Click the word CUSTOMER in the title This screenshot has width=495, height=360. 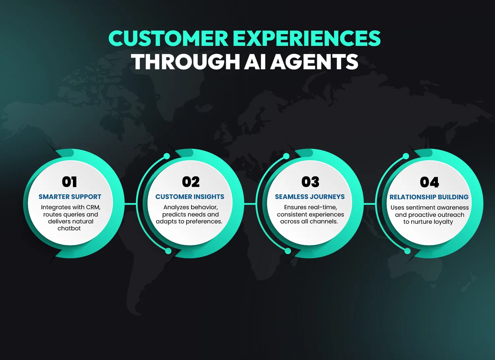point(168,39)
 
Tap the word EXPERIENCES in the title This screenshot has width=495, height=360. point(307,39)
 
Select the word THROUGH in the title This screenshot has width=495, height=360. point(185,62)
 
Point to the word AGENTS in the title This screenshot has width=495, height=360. point(314,62)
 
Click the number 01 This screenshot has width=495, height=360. point(69,182)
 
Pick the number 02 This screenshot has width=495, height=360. point(191,182)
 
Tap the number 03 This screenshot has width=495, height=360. point(310,182)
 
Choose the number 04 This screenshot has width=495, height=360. point(429,182)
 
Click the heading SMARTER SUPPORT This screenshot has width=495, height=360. point(70,197)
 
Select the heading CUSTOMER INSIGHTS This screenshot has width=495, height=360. point(190,197)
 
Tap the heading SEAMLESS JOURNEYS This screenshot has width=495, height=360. point(310,197)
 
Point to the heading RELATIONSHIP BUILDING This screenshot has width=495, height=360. point(429,197)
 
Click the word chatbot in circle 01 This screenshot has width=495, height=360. point(69,228)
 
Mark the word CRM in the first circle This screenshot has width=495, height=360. point(93,207)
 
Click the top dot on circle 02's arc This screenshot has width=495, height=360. point(167,156)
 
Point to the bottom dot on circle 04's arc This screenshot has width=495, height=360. point(408,251)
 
